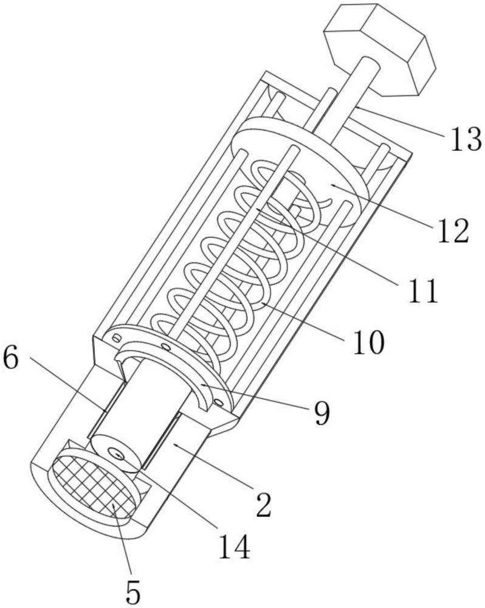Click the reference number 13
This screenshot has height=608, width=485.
(x=463, y=139)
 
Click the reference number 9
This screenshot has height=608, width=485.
(x=322, y=413)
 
